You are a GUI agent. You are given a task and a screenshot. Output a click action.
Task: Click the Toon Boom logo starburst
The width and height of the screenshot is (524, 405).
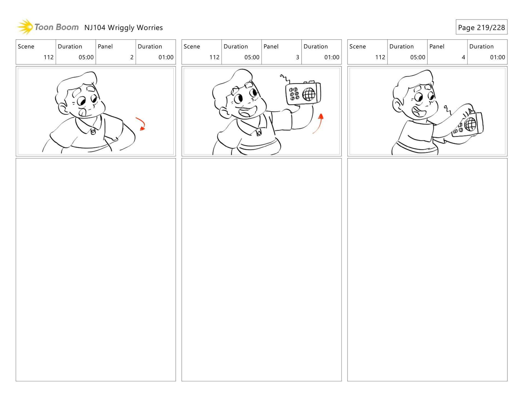pos(25,27)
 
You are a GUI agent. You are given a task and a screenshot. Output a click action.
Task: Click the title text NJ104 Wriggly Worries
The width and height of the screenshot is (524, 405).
pos(123,28)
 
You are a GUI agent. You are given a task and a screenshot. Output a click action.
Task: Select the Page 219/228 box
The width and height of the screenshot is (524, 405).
pos(481,27)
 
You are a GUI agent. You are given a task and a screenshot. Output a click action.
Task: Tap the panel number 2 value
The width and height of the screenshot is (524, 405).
pos(132,57)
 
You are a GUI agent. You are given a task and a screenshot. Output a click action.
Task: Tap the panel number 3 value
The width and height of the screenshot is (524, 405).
pos(297,57)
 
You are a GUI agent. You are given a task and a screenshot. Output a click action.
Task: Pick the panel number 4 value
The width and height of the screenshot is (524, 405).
pos(463,57)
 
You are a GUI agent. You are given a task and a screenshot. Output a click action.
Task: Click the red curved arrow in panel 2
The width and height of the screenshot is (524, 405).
pos(141,124)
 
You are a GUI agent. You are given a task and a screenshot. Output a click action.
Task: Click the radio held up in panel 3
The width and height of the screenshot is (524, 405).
pos(303,93)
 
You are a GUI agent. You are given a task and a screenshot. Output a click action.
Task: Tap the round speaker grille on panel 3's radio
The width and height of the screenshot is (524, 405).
pos(309,94)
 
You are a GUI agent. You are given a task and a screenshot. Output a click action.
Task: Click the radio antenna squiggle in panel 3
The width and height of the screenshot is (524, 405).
pos(285,79)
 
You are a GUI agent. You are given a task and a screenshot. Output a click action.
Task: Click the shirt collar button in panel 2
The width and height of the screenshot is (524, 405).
pos(93,131)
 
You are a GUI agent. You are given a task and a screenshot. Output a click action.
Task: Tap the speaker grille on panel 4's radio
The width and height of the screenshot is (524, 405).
pos(470,124)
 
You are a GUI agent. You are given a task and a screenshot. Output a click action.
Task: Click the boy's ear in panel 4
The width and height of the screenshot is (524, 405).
pos(397,105)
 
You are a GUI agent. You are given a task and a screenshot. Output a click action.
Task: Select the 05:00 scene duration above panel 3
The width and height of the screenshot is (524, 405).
pos(252,57)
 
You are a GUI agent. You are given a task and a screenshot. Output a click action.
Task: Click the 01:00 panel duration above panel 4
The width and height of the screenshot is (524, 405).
pos(497,57)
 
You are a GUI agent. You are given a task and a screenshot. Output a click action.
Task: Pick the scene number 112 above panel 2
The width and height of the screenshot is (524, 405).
pos(49,57)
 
